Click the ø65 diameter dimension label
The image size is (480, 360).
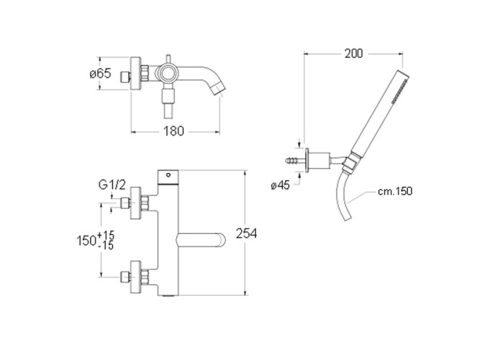(101, 73)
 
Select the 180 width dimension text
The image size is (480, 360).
(173, 131)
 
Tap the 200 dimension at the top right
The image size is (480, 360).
(353, 53)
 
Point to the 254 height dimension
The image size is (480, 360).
(246, 233)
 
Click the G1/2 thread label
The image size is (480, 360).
(112, 185)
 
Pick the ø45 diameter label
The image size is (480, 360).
(280, 185)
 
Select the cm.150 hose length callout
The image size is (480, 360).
(395, 192)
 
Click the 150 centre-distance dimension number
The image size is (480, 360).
(86, 240)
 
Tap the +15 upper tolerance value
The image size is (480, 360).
(106, 235)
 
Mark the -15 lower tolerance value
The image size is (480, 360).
(106, 245)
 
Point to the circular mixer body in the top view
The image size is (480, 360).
(167, 73)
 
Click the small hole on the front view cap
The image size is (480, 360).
(168, 175)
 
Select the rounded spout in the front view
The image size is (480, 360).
(201, 240)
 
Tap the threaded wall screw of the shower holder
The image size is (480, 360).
(295, 161)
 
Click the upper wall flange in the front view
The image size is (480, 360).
(135, 203)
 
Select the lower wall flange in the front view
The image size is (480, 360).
(135, 277)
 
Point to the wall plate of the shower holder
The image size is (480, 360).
(307, 161)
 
